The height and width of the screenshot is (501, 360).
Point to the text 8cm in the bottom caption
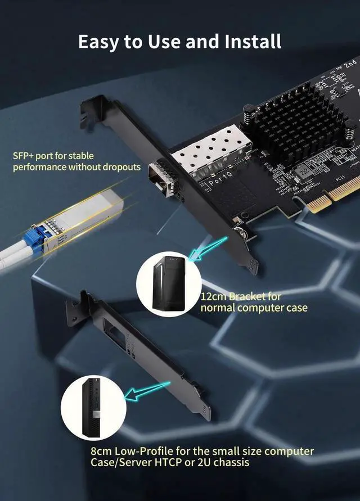[101, 451]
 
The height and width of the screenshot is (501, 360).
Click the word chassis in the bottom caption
[230, 462]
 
